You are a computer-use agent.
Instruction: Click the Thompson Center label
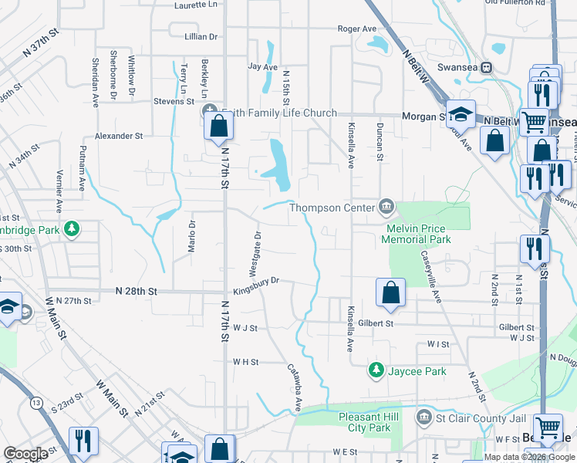(x=332, y=207)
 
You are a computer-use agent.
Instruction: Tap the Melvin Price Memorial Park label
(x=417, y=234)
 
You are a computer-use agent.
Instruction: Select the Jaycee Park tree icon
(x=376, y=371)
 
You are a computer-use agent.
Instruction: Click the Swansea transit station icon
(x=487, y=67)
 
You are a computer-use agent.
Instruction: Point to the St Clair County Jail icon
(x=423, y=418)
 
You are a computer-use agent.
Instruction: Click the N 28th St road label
(x=136, y=292)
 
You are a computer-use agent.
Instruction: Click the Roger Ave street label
(x=357, y=29)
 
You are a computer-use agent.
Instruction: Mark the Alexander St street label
(x=119, y=136)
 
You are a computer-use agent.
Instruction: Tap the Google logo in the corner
(x=25, y=454)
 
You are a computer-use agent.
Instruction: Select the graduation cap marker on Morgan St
(x=461, y=115)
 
